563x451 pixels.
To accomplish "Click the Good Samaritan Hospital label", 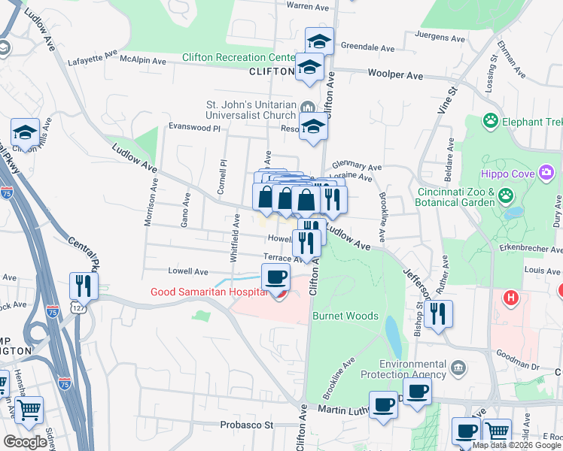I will click(208, 292).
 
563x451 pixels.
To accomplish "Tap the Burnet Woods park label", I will click(345, 316).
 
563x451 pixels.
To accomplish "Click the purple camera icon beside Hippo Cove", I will click(546, 174).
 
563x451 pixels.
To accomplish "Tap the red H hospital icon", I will click(512, 298).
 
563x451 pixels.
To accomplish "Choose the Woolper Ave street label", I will click(395, 75).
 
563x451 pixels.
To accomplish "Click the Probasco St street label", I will click(246, 425).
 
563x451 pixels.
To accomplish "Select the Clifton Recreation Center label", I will click(239, 58).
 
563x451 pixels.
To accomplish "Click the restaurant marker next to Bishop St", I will click(438, 314).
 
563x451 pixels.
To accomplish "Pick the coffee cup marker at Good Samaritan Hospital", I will click(276, 278).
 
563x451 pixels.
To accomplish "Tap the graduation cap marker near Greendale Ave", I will click(319, 42).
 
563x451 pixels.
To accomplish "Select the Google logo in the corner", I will click(26, 442).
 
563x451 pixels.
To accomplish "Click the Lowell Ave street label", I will click(188, 271).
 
